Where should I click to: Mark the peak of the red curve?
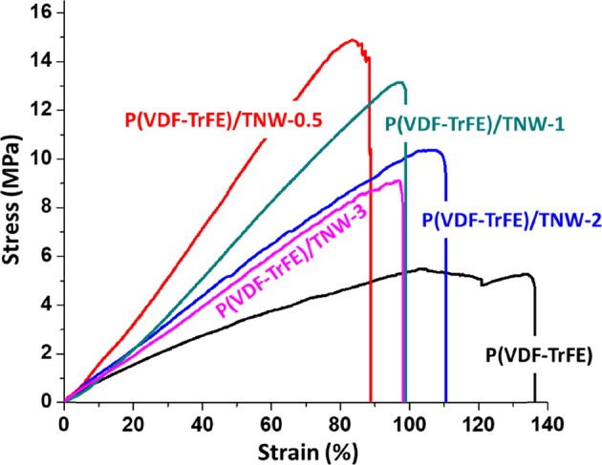(353, 40)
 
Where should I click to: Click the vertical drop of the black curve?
(534, 344)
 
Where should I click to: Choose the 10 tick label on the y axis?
(42, 159)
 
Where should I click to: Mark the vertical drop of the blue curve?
(446, 286)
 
